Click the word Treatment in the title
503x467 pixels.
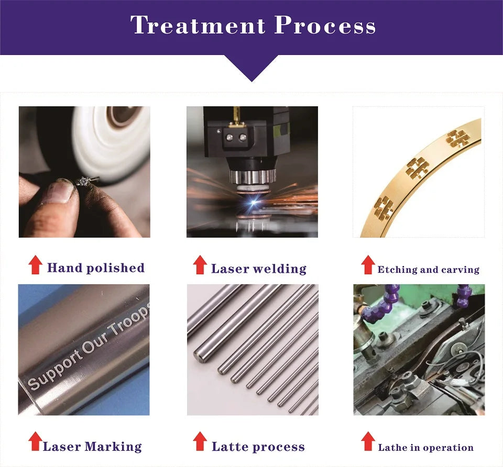coord(198,25)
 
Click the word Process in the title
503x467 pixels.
coord(325,25)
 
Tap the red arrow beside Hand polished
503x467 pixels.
coord(35,265)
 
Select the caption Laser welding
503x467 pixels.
coord(258,269)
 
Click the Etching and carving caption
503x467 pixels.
coord(428,270)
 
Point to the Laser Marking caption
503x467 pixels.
coord(92,447)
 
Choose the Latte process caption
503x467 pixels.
coord(258,447)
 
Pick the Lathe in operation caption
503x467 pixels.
coord(425,447)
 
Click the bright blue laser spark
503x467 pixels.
coord(254,202)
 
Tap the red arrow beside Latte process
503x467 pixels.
coord(200,441)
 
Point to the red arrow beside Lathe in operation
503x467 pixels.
coord(368,441)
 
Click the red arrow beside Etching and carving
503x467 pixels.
coord(368,265)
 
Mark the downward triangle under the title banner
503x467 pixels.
coord(251,68)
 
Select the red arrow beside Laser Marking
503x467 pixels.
coord(35,441)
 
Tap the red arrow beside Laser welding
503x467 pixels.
coord(200,265)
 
